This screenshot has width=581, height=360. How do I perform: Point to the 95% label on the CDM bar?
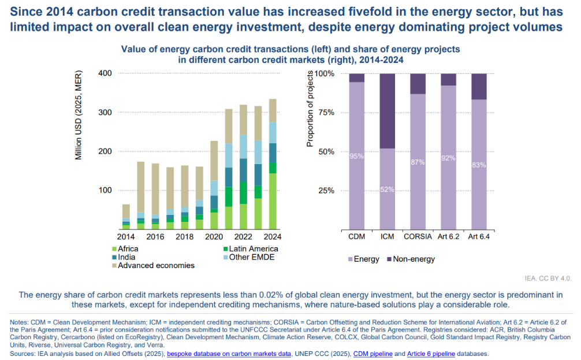click(x=357, y=156)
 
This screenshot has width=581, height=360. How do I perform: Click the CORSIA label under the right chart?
click(x=418, y=237)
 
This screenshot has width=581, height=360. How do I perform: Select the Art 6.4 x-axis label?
click(x=479, y=237)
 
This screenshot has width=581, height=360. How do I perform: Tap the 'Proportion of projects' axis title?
click(x=310, y=108)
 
